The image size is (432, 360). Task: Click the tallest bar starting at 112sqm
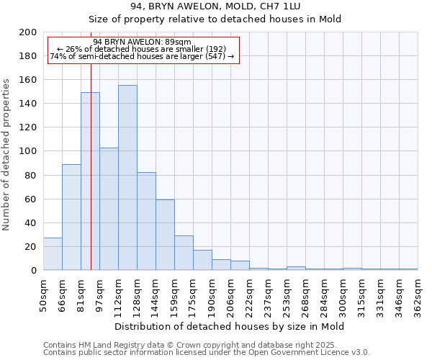point(127,178)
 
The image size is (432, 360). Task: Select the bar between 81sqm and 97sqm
point(90,181)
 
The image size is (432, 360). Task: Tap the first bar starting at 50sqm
point(53,253)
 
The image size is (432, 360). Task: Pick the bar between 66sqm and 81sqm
point(71,217)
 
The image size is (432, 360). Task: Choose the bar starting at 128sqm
point(146,221)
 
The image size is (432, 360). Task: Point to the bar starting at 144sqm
point(165,235)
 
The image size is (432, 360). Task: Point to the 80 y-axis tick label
point(31,175)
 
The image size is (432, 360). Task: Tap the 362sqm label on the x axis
point(418,295)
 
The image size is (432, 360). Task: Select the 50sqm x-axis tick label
point(44,295)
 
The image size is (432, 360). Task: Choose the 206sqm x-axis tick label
point(231,295)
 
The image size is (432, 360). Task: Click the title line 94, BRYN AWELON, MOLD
point(216,7)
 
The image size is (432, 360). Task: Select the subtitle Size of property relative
point(216,19)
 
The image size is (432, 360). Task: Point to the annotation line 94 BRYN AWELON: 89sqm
point(142,42)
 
